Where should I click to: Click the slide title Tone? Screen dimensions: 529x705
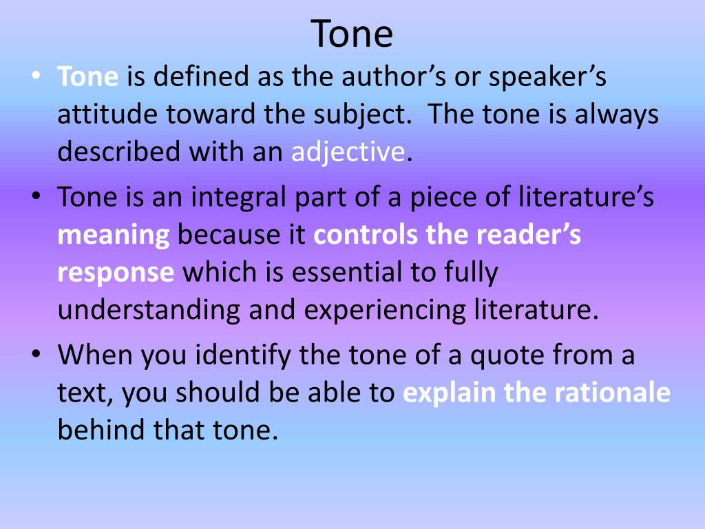tap(352, 33)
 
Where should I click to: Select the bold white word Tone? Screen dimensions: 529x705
tap(88, 76)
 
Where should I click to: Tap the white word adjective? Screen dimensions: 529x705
tap(347, 152)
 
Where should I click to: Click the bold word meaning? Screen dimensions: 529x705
tap(114, 236)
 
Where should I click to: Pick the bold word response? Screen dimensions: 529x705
tap(116, 273)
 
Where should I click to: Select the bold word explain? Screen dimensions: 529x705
tap(450, 393)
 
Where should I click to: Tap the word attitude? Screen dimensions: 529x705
tap(101, 114)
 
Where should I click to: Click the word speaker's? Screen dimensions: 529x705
tap(548, 76)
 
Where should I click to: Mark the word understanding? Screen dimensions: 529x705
tap(149, 311)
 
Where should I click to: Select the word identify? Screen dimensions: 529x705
tap(233, 355)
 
